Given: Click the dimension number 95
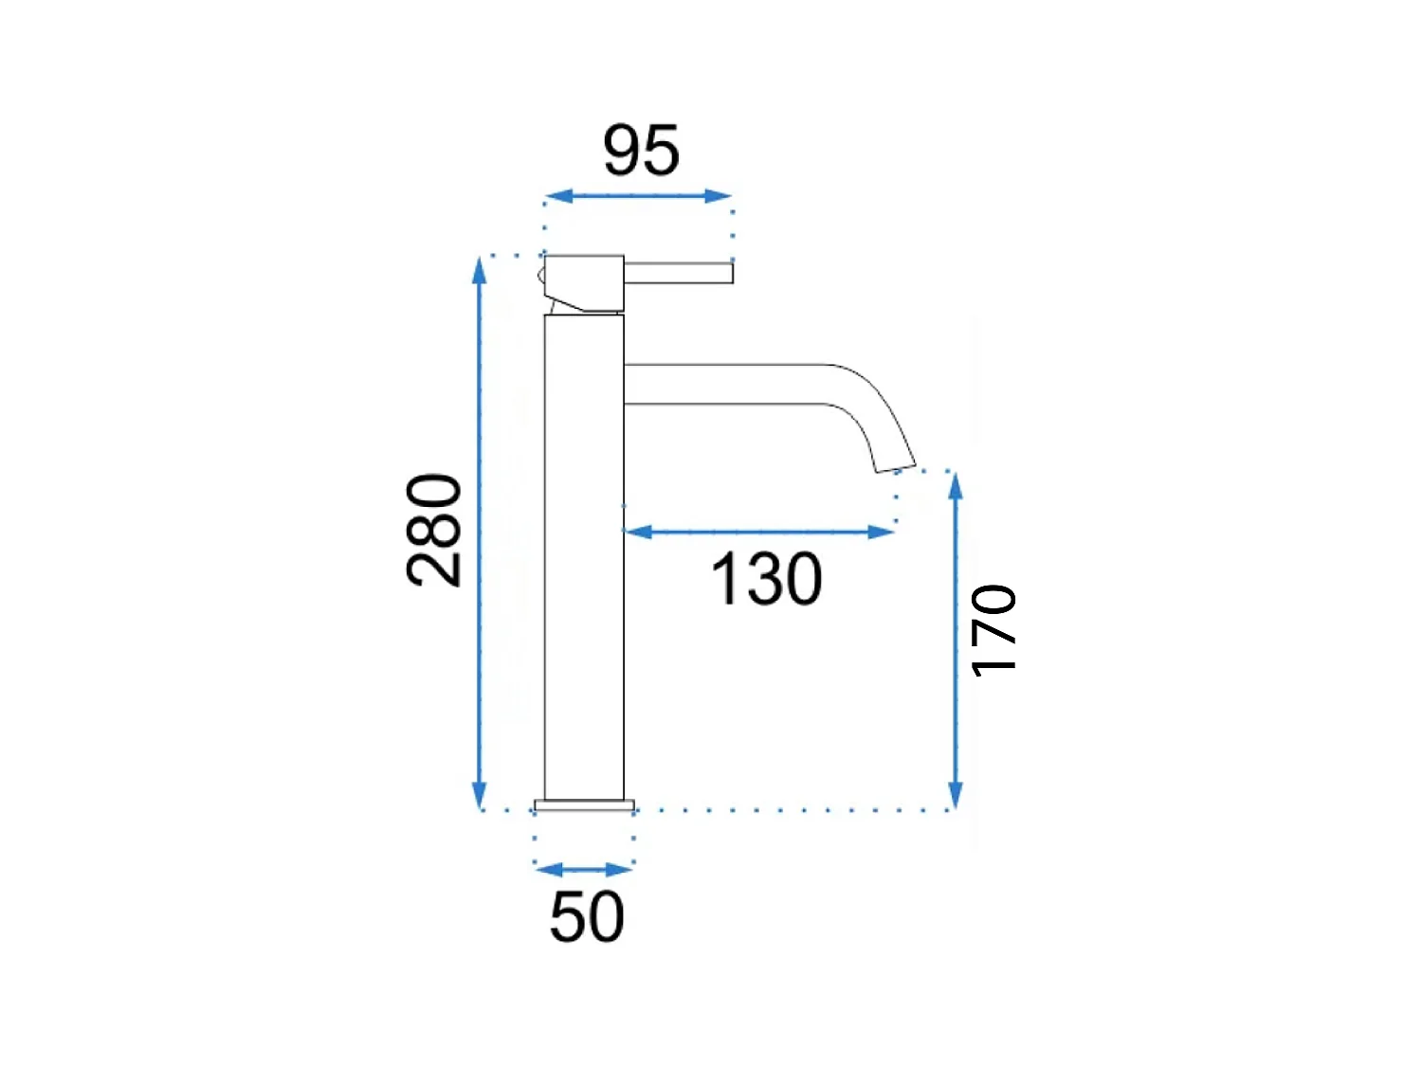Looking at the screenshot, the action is (641, 150).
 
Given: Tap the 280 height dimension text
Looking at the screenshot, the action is (434, 530).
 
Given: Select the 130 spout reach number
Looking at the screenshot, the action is (766, 579).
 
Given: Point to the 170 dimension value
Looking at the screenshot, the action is (994, 631).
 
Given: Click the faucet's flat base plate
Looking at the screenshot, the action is (584, 805).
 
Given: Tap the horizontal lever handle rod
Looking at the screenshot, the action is (678, 273).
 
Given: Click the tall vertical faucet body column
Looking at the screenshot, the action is (584, 557).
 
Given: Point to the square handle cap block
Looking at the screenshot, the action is (584, 282).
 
